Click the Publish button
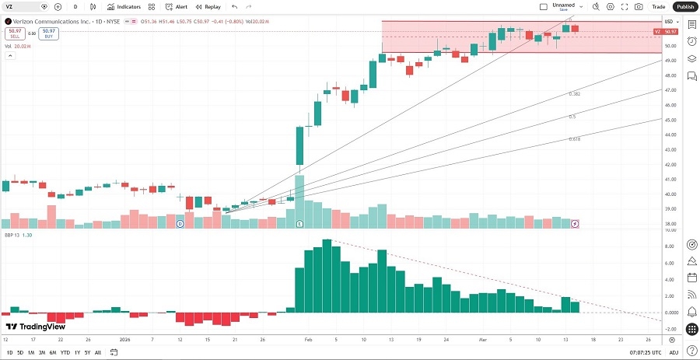[684, 6]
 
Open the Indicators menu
[124, 6]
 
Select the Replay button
[208, 6]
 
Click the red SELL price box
[14, 33]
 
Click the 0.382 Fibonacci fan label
[574, 93]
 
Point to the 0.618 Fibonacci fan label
[575, 138]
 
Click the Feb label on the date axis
[307, 340]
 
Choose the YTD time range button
[65, 352]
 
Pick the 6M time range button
[53, 352]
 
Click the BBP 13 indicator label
[10, 234]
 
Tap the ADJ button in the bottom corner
[674, 352]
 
